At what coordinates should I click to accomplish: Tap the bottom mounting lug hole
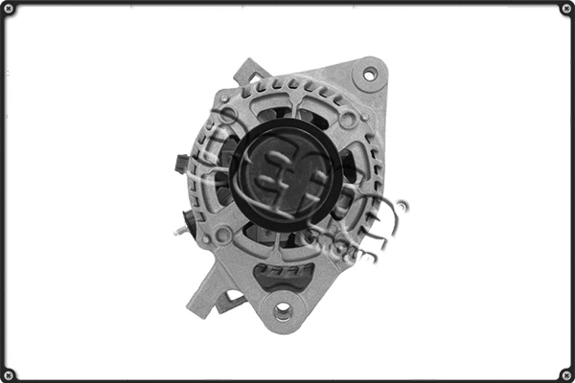click(283, 310)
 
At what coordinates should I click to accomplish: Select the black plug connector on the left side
click(180, 165)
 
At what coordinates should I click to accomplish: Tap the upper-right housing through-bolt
click(348, 120)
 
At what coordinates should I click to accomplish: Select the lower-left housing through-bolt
click(222, 235)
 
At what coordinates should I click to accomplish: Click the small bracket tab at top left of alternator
click(248, 72)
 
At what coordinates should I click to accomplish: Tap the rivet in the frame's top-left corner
click(8, 8)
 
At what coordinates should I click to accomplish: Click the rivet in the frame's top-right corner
click(566, 8)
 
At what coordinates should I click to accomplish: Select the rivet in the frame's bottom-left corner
click(8, 374)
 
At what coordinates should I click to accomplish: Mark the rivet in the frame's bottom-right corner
click(566, 374)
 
